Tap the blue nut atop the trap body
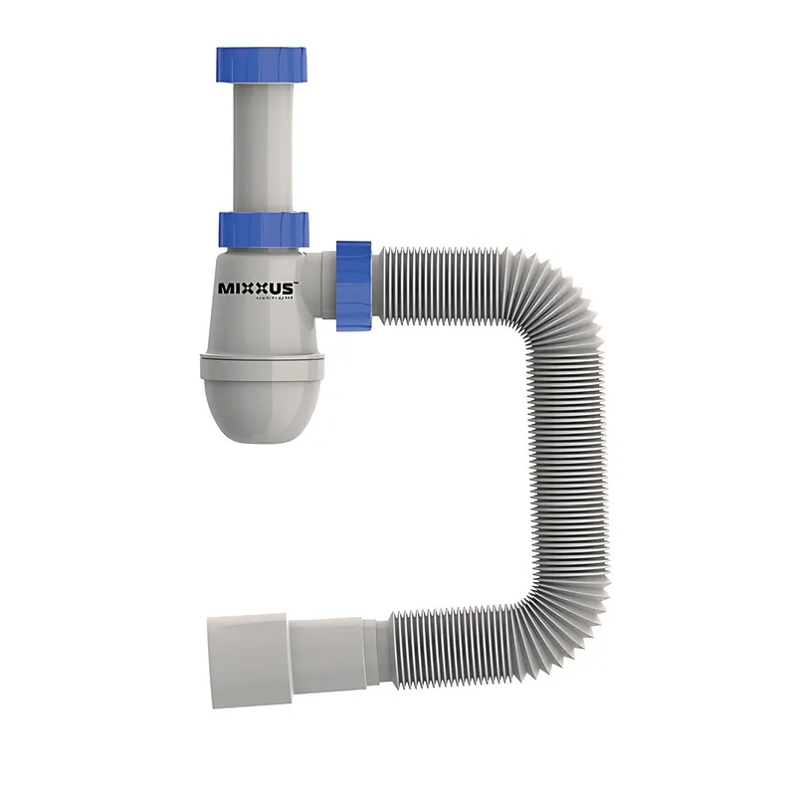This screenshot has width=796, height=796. click(264, 228)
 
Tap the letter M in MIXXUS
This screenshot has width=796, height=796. click(226, 289)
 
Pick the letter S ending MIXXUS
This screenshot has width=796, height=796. click(289, 289)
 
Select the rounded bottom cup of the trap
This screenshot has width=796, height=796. click(263, 403)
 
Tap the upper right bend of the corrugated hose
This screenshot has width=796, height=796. click(557, 298)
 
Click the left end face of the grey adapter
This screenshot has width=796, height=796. click(212, 661)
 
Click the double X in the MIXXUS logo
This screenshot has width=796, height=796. click(257, 289)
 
